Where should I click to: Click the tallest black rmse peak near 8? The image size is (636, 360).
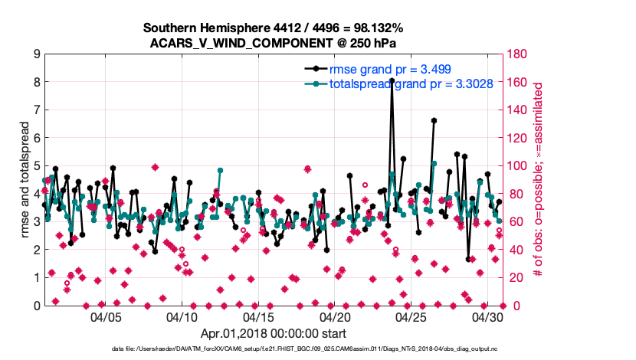[392, 80]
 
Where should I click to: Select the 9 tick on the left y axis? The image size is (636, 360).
[36, 54]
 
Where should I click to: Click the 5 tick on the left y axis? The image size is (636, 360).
[36, 166]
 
